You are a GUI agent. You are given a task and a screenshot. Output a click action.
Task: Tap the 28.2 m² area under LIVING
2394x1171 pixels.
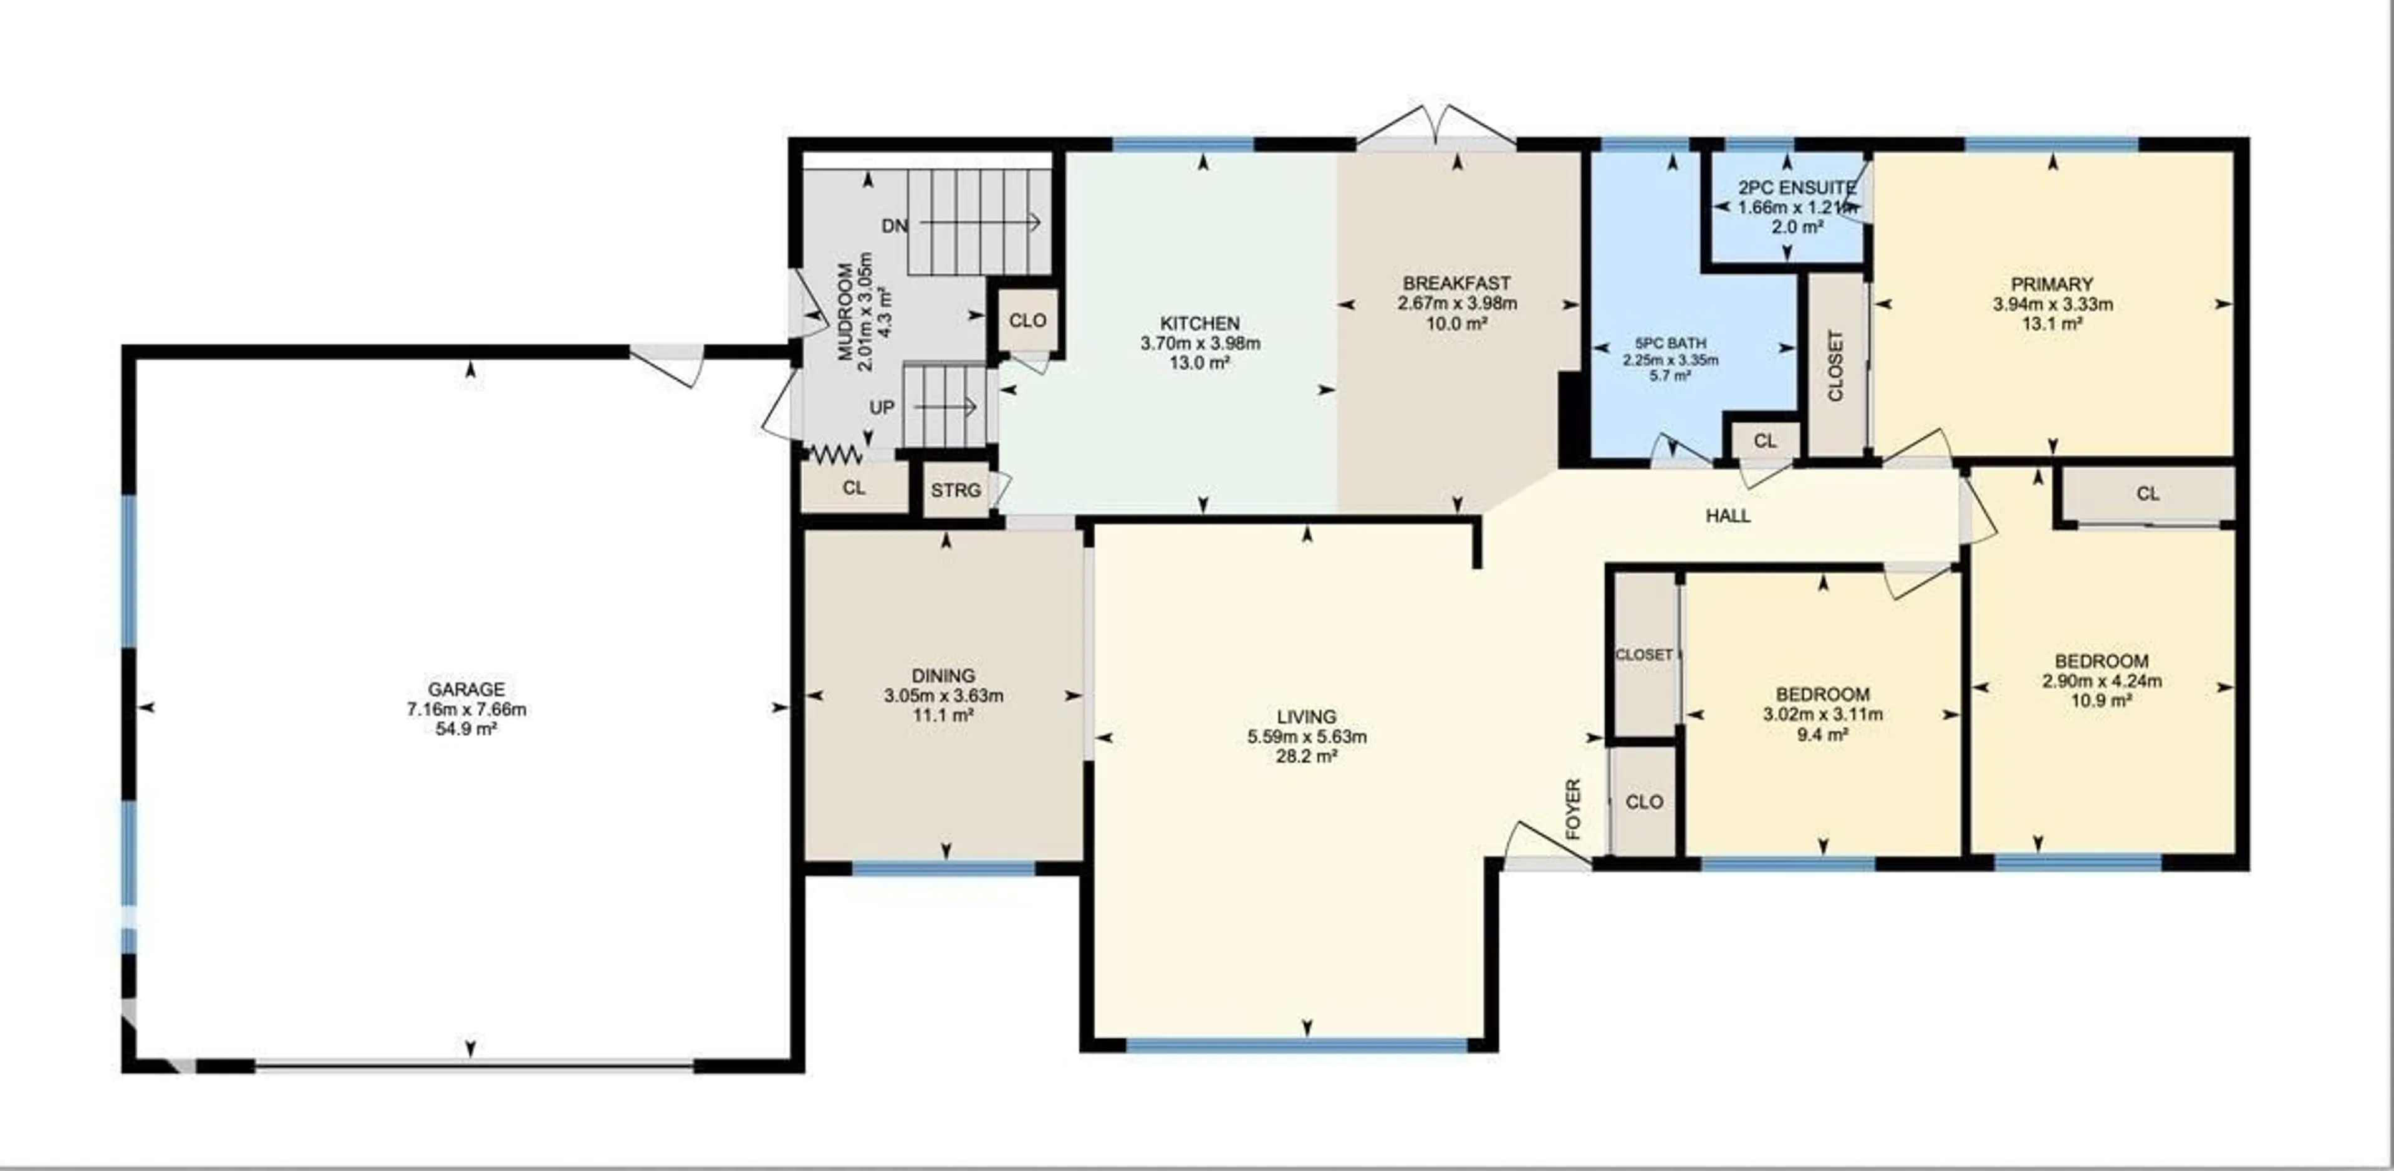(x=1307, y=756)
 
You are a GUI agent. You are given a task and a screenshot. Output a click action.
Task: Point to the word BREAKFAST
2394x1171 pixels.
(x=1456, y=282)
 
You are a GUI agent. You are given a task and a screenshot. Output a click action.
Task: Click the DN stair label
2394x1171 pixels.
(x=894, y=226)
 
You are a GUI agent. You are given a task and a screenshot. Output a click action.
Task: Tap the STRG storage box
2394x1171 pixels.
(x=955, y=489)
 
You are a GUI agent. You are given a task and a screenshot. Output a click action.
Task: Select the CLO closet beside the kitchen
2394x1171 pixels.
(x=1027, y=320)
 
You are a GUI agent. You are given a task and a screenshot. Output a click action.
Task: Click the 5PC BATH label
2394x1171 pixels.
(x=1670, y=343)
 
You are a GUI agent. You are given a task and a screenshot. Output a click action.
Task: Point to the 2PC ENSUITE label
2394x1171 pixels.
(x=1796, y=188)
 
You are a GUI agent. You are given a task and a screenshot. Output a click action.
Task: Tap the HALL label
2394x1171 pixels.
(x=1728, y=516)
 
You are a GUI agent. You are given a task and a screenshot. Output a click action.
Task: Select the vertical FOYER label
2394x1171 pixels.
(x=1572, y=809)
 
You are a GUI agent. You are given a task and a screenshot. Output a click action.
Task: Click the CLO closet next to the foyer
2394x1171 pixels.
(x=1644, y=802)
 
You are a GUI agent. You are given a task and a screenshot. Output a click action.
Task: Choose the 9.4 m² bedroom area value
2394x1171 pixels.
(x=1822, y=734)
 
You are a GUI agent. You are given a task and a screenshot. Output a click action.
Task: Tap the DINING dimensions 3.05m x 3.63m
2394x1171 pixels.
(x=943, y=695)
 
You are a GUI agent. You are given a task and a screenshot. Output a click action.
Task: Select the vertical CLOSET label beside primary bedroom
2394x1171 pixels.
(x=1835, y=365)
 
